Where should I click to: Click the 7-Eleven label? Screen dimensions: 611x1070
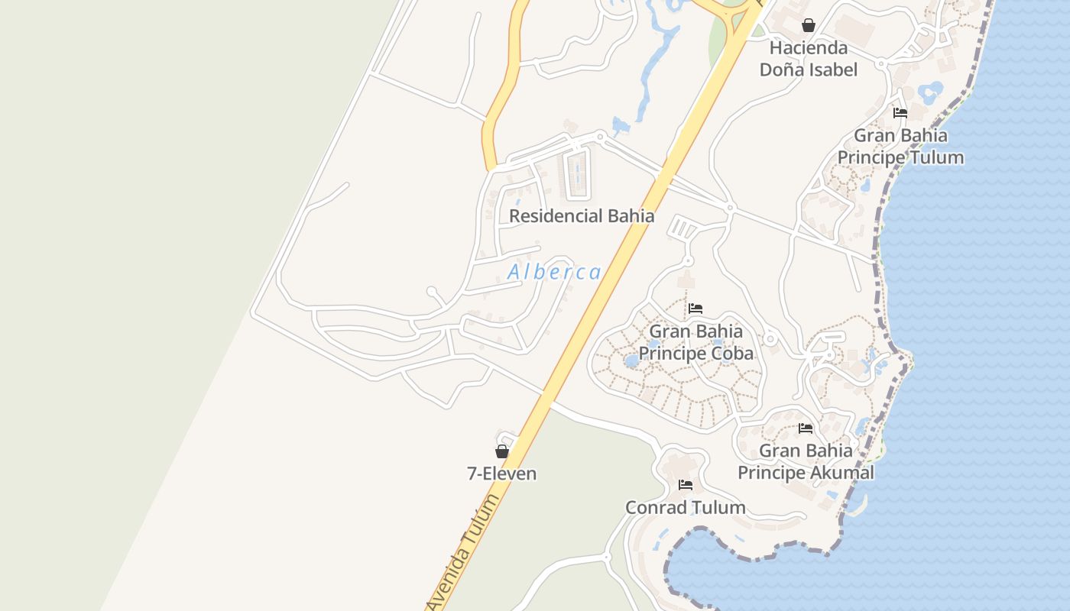501,474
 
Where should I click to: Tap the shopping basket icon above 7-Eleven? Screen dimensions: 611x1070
502,451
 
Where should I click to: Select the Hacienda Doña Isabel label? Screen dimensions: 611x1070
808,59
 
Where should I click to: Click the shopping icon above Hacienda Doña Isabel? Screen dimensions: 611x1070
809,25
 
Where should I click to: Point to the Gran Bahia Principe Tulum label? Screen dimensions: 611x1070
900,147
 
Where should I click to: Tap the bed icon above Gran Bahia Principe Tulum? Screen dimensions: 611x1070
900,113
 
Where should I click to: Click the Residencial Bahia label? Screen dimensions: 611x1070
582,216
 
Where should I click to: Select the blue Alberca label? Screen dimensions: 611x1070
554,272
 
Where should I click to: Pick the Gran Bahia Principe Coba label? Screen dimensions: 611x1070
695,342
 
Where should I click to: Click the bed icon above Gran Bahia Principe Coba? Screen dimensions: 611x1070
695,309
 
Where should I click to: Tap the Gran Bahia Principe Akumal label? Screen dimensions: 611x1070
806,461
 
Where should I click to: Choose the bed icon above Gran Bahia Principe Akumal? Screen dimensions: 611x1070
806,428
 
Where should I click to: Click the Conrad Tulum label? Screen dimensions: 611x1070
685,507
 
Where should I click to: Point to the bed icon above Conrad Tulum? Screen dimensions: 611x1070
686,485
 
